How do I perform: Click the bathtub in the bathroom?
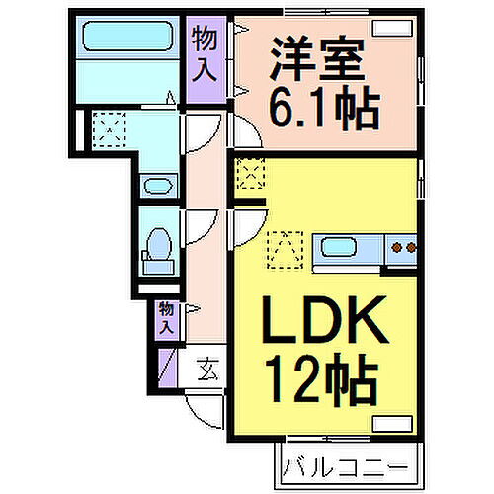127,37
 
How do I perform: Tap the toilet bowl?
160,244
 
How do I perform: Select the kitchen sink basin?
338,248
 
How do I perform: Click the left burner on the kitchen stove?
398,247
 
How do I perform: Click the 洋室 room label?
317,59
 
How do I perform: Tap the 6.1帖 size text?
324,108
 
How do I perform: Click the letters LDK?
324,319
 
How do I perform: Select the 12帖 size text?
322,378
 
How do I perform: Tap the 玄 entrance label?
207,370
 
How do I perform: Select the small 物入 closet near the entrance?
167,319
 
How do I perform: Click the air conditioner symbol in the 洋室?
392,28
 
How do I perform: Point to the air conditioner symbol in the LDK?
392,424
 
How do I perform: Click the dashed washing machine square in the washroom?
110,129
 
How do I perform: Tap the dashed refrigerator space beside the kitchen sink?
286,250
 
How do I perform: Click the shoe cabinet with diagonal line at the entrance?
168,369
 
